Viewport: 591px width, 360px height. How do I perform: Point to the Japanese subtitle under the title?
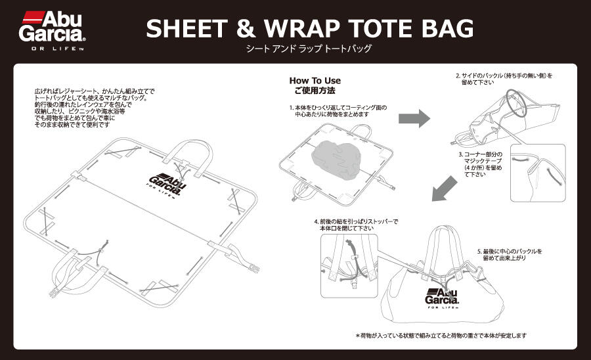[308, 49]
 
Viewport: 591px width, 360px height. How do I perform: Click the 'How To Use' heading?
[315, 81]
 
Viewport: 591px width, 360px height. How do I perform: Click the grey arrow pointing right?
[414, 118]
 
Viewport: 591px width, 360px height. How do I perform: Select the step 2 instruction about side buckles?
[504, 79]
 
